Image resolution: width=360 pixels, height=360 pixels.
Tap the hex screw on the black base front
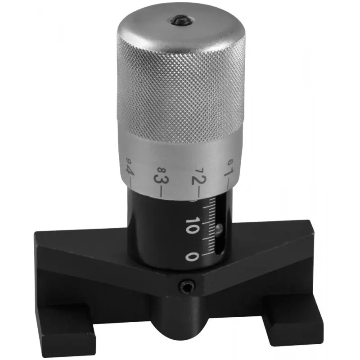[x=186, y=286]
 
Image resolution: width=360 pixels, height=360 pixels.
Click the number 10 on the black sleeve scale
[x=192, y=226]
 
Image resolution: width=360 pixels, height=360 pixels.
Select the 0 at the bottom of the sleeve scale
[x=192, y=256]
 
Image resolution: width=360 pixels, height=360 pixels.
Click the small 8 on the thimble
[x=162, y=170]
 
